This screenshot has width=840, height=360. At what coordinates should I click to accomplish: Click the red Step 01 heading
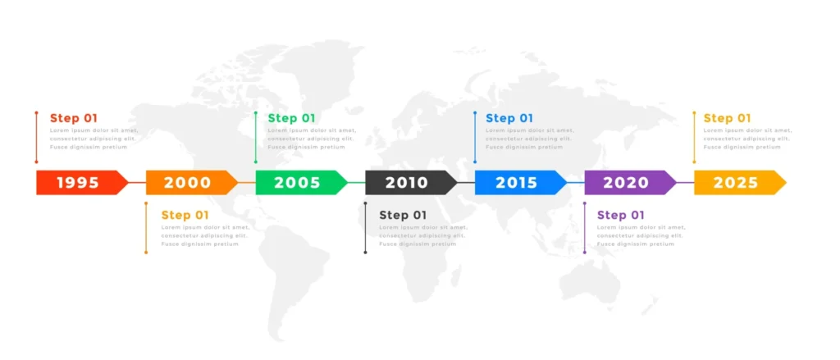(x=74, y=118)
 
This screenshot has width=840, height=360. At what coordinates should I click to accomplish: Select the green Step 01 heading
(x=291, y=118)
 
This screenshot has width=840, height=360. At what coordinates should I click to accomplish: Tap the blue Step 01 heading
(x=509, y=118)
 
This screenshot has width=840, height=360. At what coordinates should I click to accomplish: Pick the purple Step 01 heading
(x=621, y=215)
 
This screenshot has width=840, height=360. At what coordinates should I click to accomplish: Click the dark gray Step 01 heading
(x=403, y=215)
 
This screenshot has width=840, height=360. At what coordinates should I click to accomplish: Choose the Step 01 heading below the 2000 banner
(x=185, y=215)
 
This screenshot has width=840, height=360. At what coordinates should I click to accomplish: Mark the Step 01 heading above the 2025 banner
(x=728, y=118)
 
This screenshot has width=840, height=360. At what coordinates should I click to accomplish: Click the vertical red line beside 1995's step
(x=37, y=137)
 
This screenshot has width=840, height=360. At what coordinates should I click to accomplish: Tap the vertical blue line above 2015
(x=475, y=137)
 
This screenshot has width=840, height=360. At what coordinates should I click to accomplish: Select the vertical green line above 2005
(x=256, y=137)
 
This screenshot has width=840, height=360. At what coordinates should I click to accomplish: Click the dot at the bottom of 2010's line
(x=366, y=252)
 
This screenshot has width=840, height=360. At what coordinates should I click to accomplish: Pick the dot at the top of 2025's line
(x=695, y=113)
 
